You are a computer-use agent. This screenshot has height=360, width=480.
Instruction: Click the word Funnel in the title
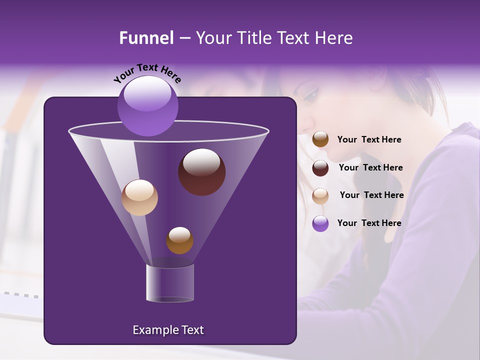pos(146,38)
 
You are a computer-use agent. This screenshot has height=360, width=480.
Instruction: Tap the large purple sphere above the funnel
pos(148,105)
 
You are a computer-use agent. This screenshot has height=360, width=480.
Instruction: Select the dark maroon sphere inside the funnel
pos(201,172)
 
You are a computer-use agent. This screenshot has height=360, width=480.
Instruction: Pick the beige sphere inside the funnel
pos(139,197)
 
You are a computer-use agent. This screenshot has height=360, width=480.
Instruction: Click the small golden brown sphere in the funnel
pos(179,240)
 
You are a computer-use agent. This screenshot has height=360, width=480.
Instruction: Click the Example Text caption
pos(168,330)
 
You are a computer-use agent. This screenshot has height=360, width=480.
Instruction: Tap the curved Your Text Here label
pos(147,73)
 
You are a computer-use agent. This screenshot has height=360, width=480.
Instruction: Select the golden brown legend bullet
pos(320,139)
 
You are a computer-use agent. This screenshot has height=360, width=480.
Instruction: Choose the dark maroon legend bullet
pos(320,168)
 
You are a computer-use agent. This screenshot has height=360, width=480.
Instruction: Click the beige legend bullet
pos(320,196)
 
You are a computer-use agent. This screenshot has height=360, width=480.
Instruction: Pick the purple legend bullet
pos(320,223)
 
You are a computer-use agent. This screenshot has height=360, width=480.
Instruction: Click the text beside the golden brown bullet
pos(369,139)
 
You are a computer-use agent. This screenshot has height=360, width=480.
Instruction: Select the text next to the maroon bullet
pos(370,167)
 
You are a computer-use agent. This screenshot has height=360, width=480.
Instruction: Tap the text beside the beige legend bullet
pos(371,195)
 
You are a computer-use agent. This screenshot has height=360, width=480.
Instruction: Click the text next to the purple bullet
pos(369,223)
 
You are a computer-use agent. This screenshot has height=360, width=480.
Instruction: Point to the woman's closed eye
pos(310,93)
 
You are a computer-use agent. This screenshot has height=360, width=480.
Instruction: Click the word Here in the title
pos(334,38)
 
